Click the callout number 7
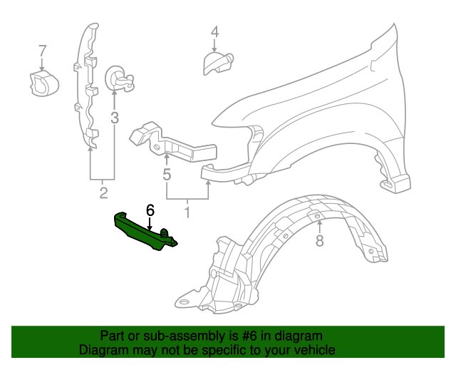(x=42, y=51)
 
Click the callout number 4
(x=214, y=32)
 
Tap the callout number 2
(x=103, y=193)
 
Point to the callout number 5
(x=167, y=174)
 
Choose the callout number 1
(x=187, y=212)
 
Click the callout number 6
(x=150, y=210)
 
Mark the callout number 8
(x=319, y=242)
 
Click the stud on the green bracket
(x=165, y=233)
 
